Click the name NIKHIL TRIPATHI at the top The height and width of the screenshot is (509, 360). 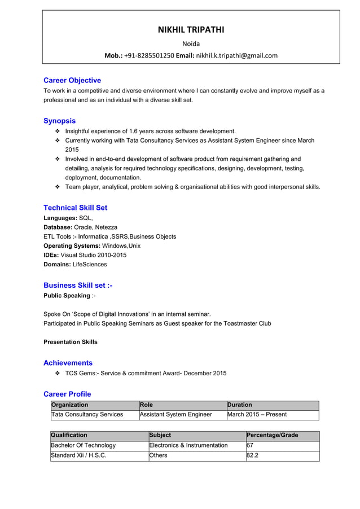click(x=191, y=30)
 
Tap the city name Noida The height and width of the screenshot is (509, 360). click(x=191, y=43)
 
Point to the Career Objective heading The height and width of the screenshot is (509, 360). click(x=72, y=80)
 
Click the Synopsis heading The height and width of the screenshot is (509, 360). click(x=59, y=121)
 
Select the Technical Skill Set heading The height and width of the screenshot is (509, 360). click(x=75, y=208)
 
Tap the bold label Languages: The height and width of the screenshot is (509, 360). click(x=60, y=218)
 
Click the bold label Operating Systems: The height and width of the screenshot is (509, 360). click(x=72, y=246)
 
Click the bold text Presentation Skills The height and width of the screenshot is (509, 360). click(x=71, y=342)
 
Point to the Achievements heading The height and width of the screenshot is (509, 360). click(x=68, y=363)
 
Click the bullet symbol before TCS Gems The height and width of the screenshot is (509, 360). click(x=58, y=374)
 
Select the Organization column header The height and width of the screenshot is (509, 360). click(x=70, y=405)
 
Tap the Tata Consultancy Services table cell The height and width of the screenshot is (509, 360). click(x=87, y=414)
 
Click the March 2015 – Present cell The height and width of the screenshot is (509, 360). click(x=257, y=414)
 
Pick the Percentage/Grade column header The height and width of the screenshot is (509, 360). click(x=273, y=435)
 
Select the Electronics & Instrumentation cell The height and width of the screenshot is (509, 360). click(x=188, y=445)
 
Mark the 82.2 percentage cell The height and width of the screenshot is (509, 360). click(x=253, y=455)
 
